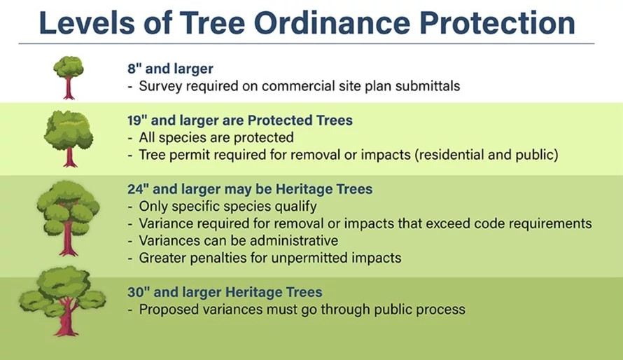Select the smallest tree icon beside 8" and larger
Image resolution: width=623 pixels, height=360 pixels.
pyautogui.click(x=68, y=76)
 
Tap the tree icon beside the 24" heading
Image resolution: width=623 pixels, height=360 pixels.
pyautogui.click(x=68, y=217)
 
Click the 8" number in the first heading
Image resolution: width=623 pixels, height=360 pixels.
pyautogui.click(x=132, y=69)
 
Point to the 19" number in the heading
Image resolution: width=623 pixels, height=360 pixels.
pyautogui.click(x=136, y=120)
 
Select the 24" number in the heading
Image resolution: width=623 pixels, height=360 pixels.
pyautogui.click(x=137, y=189)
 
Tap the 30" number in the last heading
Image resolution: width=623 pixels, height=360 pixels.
pyautogui.click(x=137, y=292)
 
